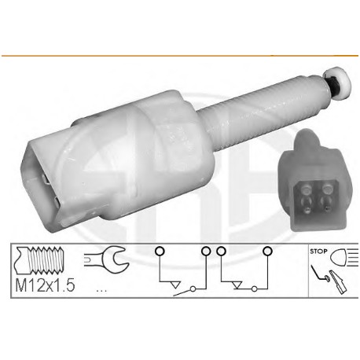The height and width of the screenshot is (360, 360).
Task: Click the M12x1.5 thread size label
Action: [45, 285]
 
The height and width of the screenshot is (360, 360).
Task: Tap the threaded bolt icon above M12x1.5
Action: [40, 260]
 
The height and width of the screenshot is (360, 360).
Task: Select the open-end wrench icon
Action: [106, 259]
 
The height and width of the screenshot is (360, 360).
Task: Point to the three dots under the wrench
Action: [101, 290]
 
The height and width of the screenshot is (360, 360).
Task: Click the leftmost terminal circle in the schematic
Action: [160, 251]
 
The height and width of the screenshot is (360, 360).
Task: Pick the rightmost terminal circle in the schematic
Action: [267, 251]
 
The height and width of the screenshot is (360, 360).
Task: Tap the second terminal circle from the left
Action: [206, 251]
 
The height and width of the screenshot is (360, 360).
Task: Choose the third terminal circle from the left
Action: [221, 251]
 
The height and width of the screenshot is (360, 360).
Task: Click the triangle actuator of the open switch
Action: [174, 285]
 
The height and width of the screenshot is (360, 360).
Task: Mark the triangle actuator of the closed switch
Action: [237, 285]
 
